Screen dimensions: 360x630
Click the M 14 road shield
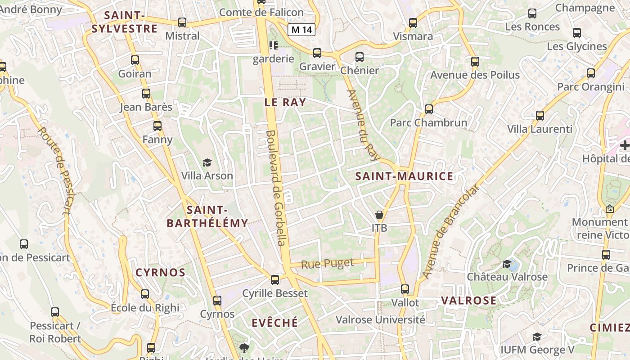pyautogui.click(x=301, y=30)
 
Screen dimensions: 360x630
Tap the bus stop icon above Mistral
pyautogui.click(x=182, y=22)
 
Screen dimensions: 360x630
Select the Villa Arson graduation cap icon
pyautogui.click(x=207, y=162)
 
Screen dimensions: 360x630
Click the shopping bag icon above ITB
pyautogui.click(x=379, y=215)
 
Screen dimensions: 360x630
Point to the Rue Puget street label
pyautogui.click(x=327, y=264)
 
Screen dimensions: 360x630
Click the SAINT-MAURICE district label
pyautogui.click(x=404, y=176)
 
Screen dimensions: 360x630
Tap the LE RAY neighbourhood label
pyautogui.click(x=285, y=103)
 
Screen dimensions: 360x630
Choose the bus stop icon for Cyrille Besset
pyautogui.click(x=275, y=279)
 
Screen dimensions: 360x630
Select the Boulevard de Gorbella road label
pyautogui.click(x=276, y=188)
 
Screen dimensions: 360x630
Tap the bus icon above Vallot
pyautogui.click(x=405, y=289)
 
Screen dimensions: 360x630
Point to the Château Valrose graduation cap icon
pyautogui.click(x=507, y=264)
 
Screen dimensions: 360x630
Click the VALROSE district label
pyautogui.click(x=468, y=301)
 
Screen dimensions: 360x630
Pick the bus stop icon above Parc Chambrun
pyautogui.click(x=429, y=109)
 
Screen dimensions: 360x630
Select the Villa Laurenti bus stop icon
pyautogui.click(x=540, y=116)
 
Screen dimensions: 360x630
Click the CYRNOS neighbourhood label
pyautogui.click(x=161, y=273)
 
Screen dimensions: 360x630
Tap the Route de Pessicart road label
pyautogui.click(x=55, y=171)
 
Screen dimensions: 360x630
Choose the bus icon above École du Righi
pyautogui.click(x=145, y=294)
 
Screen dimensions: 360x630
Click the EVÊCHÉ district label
pyautogui.click(x=274, y=323)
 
